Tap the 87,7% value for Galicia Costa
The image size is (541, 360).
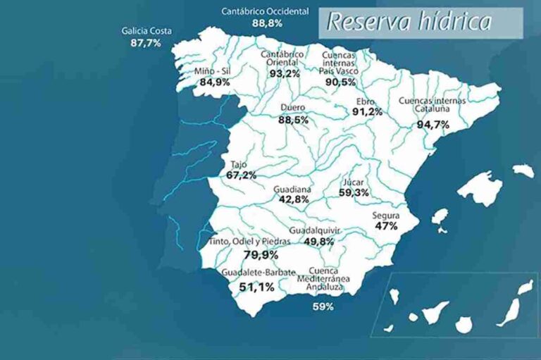tap(146, 43)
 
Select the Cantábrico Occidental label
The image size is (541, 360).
tap(265, 12)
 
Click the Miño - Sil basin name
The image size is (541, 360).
tap(213, 71)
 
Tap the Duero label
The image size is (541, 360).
tap(292, 108)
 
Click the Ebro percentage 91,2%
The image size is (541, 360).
tap(367, 111)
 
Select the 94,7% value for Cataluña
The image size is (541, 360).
tap(433, 125)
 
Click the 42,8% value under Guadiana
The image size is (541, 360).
tap(293, 199)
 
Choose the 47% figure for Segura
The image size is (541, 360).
tap(386, 226)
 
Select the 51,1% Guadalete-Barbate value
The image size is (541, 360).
tap(256, 287)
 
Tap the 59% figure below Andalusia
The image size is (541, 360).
tap(323, 306)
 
